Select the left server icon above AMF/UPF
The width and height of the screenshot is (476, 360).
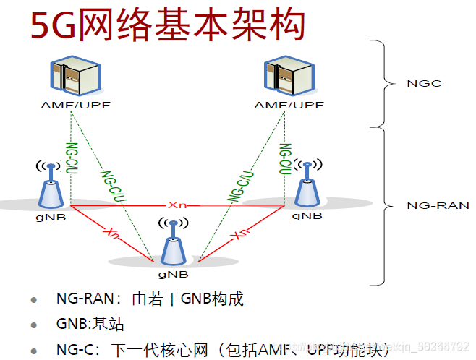(x=75, y=77)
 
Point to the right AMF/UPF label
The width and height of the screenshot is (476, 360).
(x=289, y=106)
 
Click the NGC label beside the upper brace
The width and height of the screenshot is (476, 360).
(x=424, y=83)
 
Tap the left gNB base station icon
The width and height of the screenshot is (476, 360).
(x=50, y=186)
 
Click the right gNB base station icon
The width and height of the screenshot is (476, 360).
(x=307, y=186)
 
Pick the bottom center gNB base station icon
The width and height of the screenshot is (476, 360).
(x=174, y=245)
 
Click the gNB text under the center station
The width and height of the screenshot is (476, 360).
(x=174, y=274)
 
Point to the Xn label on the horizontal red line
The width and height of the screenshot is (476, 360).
(x=177, y=205)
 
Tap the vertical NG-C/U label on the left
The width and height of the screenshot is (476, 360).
(x=71, y=160)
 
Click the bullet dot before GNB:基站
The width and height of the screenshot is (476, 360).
(x=33, y=325)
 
